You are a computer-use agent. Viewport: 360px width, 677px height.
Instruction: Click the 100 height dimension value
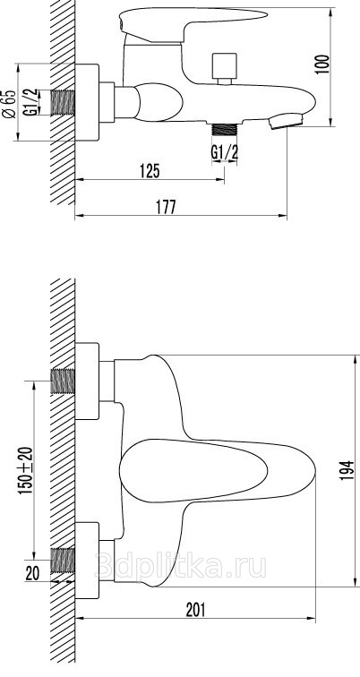[x=323, y=64]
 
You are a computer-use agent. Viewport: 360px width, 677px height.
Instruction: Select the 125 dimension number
[x=150, y=171]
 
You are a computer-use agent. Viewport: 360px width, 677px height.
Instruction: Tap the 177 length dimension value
[x=166, y=207]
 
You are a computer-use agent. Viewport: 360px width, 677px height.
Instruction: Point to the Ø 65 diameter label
[x=9, y=103]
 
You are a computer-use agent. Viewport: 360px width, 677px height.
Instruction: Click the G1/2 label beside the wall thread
[x=30, y=102]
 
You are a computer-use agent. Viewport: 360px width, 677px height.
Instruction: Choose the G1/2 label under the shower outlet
[x=225, y=152]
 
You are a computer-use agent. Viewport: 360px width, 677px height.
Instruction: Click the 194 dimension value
[x=348, y=471]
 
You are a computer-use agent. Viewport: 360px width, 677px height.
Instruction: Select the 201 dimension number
[x=196, y=610]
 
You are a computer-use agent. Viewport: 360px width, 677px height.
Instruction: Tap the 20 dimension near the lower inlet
[x=32, y=573]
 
